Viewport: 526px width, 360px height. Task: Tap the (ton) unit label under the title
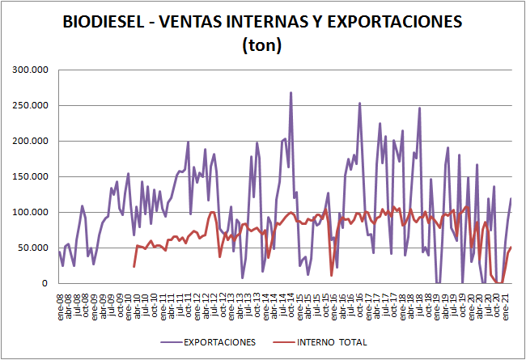tap(262, 45)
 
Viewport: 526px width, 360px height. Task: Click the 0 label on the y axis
tap(47, 283)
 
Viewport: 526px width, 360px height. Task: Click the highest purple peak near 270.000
tap(291, 92)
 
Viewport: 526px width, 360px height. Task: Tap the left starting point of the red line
tap(134, 266)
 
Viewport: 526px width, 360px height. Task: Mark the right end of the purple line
tap(511, 198)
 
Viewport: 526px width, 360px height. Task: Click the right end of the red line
tap(511, 248)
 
